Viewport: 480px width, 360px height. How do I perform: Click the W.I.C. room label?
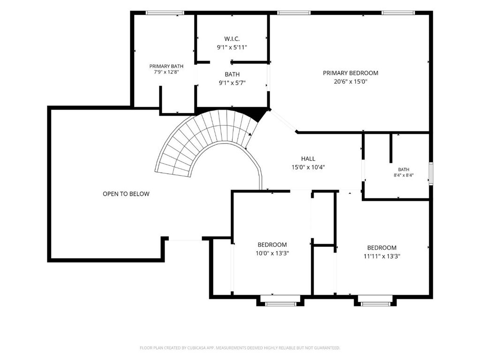(232, 39)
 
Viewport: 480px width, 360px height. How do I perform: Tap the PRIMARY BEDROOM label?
(350, 73)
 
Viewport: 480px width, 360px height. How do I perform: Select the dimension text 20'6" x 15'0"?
(350, 81)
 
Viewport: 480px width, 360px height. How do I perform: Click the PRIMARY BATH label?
(166, 66)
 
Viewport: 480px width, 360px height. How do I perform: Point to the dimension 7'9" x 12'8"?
(166, 72)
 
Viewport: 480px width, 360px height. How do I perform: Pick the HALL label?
(308, 159)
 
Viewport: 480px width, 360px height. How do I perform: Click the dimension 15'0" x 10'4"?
(308, 167)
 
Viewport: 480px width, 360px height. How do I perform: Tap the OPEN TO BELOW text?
(126, 194)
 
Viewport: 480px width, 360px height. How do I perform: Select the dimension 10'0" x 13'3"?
(272, 253)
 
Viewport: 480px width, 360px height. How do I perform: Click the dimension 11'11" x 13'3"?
(382, 256)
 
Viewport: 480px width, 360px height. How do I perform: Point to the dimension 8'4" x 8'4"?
(404, 176)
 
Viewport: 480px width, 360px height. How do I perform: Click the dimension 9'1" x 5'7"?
(232, 83)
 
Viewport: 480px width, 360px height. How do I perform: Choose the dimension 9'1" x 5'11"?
(232, 47)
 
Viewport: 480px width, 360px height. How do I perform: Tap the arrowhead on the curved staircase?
(250, 134)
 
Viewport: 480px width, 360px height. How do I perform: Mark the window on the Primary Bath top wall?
(165, 13)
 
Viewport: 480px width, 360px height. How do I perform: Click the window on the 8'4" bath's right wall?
(431, 174)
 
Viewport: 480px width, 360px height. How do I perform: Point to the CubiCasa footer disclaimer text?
(240, 348)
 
